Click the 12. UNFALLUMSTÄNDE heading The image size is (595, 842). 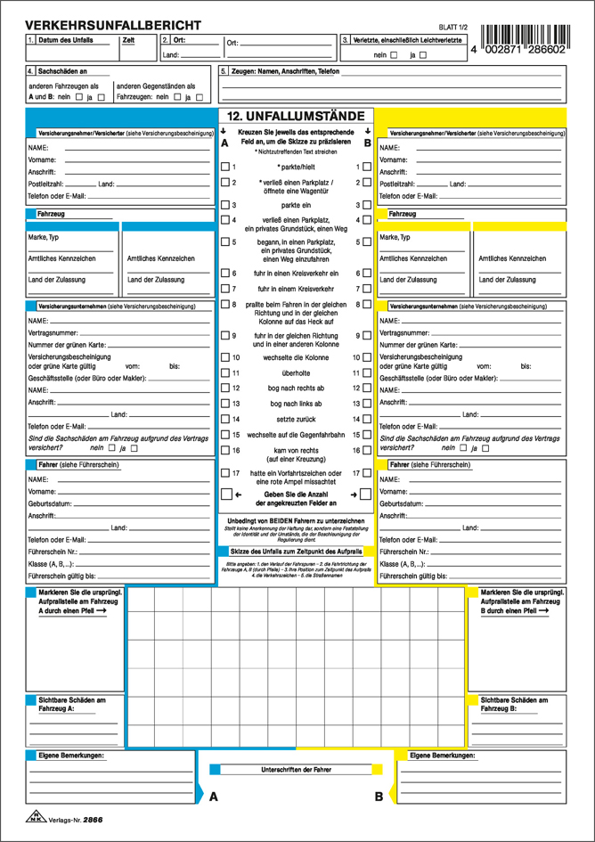tap(296, 116)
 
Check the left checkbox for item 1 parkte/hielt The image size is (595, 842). tap(225, 167)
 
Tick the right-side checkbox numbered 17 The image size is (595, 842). tap(367, 474)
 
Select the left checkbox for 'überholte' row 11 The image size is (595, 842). tap(225, 373)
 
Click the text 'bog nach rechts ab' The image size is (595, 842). tap(296, 388)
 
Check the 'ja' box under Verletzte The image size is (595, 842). tap(423, 55)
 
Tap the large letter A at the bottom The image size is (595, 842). tap(214, 797)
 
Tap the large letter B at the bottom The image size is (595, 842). tap(379, 797)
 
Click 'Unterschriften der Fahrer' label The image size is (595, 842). tap(296, 769)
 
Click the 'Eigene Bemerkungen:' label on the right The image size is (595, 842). tap(441, 756)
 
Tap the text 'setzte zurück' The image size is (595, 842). tap(296, 419)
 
